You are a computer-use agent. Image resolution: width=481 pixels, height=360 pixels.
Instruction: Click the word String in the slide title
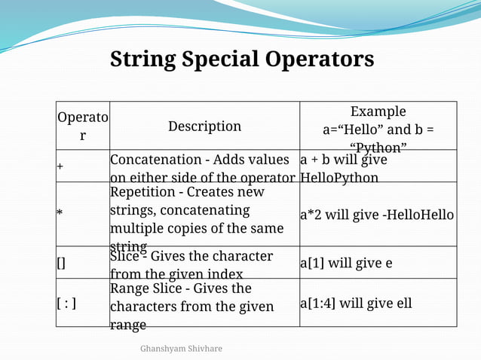point(144,59)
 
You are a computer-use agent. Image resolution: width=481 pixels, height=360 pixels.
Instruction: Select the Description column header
point(204,127)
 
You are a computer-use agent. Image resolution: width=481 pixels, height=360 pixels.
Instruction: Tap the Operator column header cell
point(83,127)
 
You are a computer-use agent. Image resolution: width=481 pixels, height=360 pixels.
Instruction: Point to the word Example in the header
point(378,111)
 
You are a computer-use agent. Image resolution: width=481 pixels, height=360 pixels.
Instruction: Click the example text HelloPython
point(339,178)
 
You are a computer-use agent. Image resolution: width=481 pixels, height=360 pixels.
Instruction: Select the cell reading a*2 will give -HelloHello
point(377,215)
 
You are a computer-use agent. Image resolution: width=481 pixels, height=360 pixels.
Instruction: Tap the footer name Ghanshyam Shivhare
point(181,349)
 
